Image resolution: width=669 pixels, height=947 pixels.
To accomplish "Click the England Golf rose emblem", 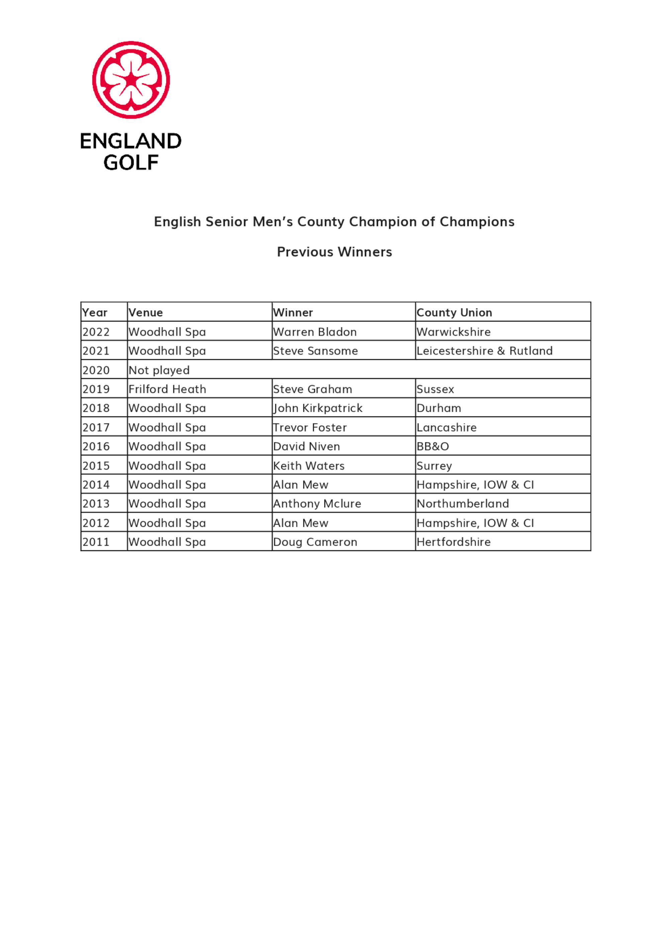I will [x=131, y=80].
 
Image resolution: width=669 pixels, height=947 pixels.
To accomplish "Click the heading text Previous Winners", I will [x=334, y=252].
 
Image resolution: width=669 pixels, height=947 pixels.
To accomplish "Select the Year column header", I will [x=95, y=312].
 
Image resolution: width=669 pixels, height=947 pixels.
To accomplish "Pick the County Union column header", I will [x=454, y=312].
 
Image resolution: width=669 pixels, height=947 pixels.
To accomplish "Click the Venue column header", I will [x=146, y=312].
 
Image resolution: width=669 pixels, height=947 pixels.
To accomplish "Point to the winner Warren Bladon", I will [x=315, y=332].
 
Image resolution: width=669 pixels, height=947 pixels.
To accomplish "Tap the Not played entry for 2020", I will [x=159, y=370].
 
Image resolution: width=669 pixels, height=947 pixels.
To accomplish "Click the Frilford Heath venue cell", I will [x=167, y=389].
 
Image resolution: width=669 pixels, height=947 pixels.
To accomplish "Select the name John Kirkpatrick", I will [x=318, y=408].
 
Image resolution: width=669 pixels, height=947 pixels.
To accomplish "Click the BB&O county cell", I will [x=433, y=446].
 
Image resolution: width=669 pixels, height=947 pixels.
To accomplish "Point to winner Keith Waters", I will [x=309, y=466].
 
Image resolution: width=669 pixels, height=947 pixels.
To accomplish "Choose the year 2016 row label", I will [x=96, y=446].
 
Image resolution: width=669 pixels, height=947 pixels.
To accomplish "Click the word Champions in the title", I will [x=477, y=222].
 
